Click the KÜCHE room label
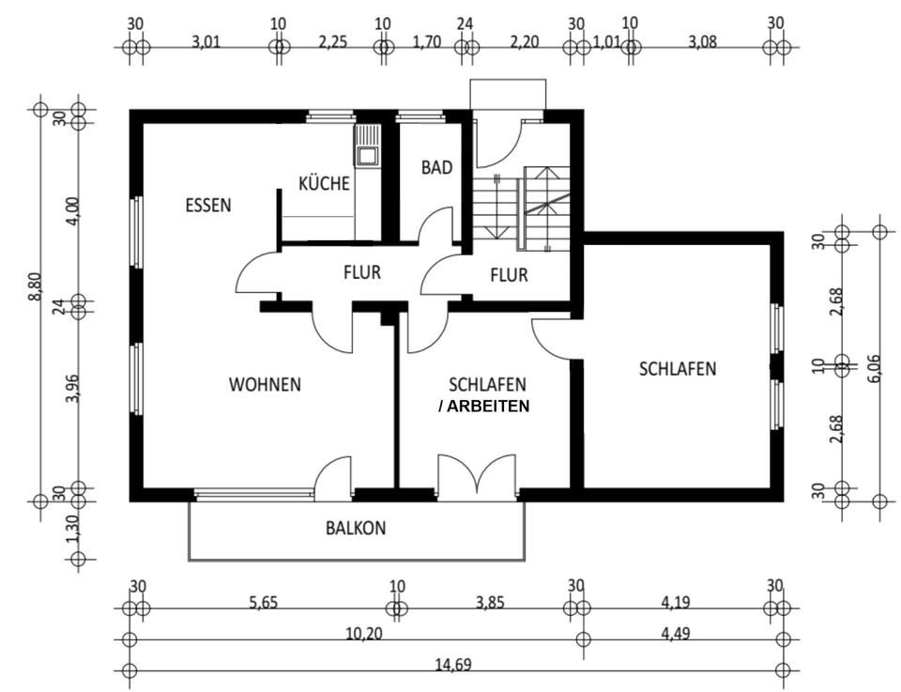pyautogui.click(x=324, y=183)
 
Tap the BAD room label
pyautogui.click(x=436, y=168)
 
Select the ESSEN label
pyautogui.click(x=207, y=205)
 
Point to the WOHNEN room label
pyautogui.click(x=265, y=384)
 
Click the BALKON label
pyautogui.click(x=356, y=528)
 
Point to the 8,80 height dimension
pyautogui.click(x=35, y=287)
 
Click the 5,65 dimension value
pyautogui.click(x=265, y=603)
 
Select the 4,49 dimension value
pyautogui.click(x=679, y=634)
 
